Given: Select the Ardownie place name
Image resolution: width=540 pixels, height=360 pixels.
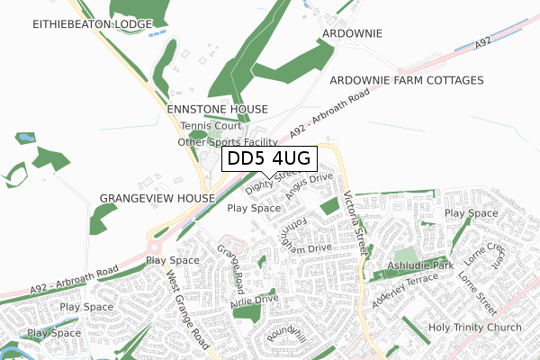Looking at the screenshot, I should (x=352, y=33).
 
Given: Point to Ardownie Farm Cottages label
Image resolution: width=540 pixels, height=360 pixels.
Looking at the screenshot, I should (x=407, y=80).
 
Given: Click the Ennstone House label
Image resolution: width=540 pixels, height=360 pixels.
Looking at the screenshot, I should (x=218, y=109).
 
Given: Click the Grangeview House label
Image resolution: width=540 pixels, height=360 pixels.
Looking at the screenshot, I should (x=157, y=197).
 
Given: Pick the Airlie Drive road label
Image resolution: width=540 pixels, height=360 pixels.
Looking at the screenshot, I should (x=255, y=299).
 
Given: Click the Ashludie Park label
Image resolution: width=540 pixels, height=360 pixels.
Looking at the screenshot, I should (x=419, y=266).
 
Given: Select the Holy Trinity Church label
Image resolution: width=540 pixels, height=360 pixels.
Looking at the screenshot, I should (x=474, y=327).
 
